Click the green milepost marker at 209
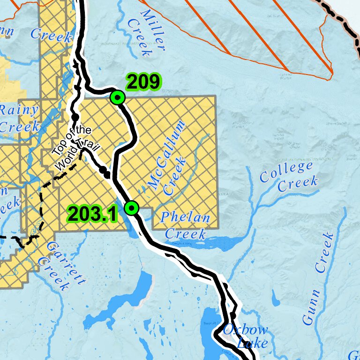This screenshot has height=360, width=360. pos(117,97)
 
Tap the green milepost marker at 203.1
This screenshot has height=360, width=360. pos(132,208)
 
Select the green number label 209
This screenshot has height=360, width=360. pos(143,82)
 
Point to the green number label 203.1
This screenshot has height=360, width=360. pos(91,214)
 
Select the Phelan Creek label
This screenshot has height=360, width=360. pos(184,225)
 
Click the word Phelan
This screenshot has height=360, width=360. pos(185,217)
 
